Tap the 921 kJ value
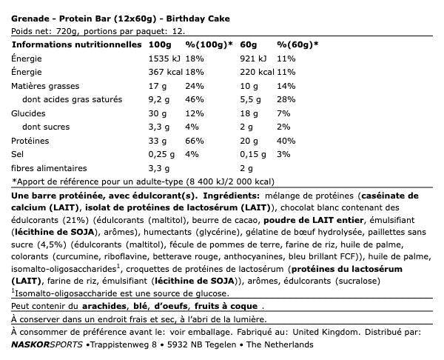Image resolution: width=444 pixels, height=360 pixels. coord(256,58)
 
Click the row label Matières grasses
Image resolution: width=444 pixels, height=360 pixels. coord(44,86)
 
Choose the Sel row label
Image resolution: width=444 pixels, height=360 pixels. coord(18,155)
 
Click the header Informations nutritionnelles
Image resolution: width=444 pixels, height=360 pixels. coord(76,44)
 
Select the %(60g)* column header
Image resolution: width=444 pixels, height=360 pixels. coord(297,44)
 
